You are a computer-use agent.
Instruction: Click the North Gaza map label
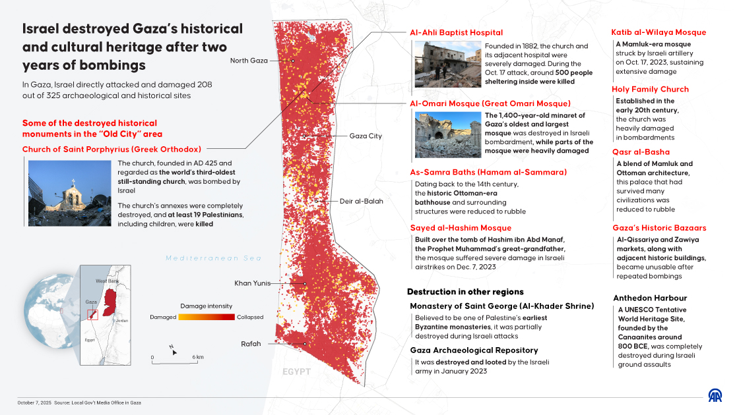coord(249,61)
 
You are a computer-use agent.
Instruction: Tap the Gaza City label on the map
coord(366,136)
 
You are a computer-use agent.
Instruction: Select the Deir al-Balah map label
coord(361,201)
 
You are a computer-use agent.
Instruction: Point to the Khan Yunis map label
coord(253,283)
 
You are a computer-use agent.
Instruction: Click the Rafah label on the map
coord(251,344)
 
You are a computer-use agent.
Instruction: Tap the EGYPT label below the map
coord(296,372)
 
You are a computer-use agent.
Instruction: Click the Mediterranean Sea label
coord(214,258)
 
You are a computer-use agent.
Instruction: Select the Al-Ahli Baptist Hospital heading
coord(456,32)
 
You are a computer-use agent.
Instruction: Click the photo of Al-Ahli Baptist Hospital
coord(438,65)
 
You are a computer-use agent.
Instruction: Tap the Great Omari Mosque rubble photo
coord(438,134)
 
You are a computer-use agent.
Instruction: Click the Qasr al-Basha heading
coord(641,152)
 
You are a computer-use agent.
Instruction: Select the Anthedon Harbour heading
coord(650,298)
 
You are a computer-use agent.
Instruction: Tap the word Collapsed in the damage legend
coord(250,317)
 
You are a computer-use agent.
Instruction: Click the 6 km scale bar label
coord(198,357)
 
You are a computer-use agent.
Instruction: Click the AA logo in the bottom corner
coord(715,396)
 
